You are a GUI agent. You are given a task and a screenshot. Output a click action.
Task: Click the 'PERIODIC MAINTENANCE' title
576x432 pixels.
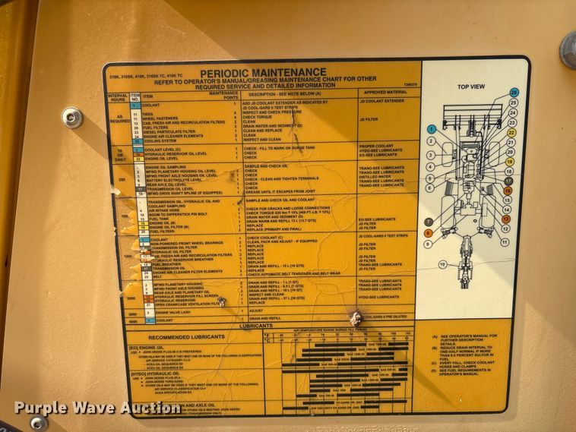pyautogui.click(x=263, y=73)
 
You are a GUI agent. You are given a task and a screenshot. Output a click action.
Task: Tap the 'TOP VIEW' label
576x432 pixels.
pyautogui.click(x=471, y=87)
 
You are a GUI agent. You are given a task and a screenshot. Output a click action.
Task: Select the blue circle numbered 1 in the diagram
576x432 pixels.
pyautogui.click(x=432, y=129)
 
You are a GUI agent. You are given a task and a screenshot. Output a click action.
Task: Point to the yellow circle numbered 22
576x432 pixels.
pyautogui.click(x=511, y=132)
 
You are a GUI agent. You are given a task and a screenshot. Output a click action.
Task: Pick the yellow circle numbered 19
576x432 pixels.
pyautogui.click(x=509, y=162)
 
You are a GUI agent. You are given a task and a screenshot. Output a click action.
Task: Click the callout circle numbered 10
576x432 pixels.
pyautogui.click(x=443, y=264)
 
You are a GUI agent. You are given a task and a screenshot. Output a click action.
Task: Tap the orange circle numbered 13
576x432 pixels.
pyautogui.click(x=506, y=219)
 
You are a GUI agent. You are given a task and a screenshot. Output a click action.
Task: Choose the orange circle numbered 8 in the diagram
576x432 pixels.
pyautogui.click(x=429, y=233)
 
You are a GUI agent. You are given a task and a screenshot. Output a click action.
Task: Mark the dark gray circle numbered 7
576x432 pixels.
pyautogui.click(x=429, y=221)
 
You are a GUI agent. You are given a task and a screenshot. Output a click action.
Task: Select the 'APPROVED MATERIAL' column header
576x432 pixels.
pyautogui.click(x=385, y=92)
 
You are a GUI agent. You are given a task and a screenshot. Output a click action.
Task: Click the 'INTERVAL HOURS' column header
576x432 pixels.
pyautogui.click(x=118, y=98)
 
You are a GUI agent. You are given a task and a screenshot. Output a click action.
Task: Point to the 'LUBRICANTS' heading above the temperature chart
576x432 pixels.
pyautogui.click(x=256, y=325)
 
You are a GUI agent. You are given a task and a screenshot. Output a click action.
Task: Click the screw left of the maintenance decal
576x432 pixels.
pyautogui.click(x=72, y=117)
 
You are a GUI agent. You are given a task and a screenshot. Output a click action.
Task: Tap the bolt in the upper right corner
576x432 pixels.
pyautogui.click(x=568, y=50)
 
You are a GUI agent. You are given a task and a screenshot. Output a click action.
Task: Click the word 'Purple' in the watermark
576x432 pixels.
pyautogui.click(x=37, y=408)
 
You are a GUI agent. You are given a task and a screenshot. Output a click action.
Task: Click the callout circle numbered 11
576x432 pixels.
pyautogui.click(x=505, y=242)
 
